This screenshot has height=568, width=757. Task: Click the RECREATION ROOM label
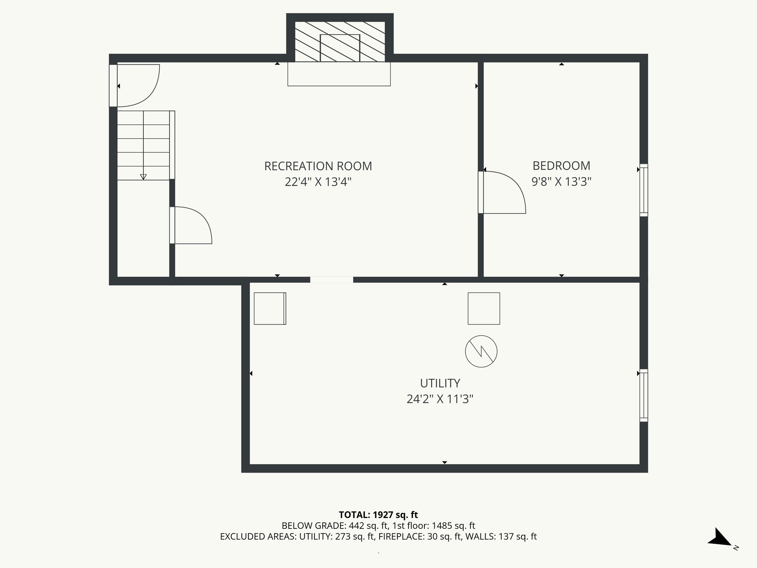tap(318, 166)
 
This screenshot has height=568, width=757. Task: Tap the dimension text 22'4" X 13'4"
tap(318, 182)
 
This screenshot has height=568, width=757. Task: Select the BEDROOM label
tap(561, 165)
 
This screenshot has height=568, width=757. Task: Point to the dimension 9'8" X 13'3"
tap(561, 182)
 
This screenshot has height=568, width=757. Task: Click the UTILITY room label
tap(440, 383)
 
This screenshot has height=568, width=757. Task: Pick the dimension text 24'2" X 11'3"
tap(440, 399)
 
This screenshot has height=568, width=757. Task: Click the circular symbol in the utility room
tap(481, 351)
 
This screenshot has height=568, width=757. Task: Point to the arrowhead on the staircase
tap(143, 177)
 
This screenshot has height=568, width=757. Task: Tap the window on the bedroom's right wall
tap(644, 190)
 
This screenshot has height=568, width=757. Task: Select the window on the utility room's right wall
tap(644, 395)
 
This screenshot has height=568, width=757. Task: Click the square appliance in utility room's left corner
tap(270, 309)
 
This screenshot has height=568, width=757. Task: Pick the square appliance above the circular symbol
tap(484, 309)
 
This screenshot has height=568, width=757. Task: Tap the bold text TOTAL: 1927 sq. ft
tap(378, 515)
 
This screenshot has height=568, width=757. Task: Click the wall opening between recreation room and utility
tap(332, 280)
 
